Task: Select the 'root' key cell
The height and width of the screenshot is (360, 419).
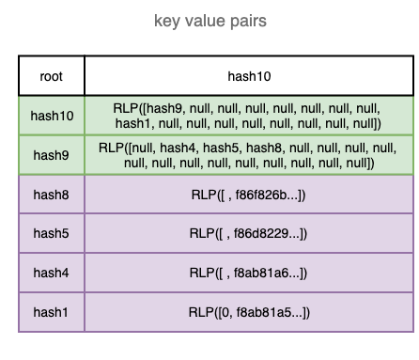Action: [x=52, y=75]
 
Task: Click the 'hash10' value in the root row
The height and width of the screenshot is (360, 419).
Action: [x=248, y=75]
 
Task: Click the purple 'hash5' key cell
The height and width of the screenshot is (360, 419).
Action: [x=52, y=233]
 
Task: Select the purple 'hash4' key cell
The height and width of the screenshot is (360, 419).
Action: [x=52, y=273]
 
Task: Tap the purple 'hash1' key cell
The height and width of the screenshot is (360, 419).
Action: [x=52, y=311]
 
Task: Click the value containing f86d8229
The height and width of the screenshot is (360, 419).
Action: [x=248, y=233]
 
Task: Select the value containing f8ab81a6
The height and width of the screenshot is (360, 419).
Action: [x=248, y=273]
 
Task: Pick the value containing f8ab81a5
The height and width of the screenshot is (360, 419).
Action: [x=248, y=311]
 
